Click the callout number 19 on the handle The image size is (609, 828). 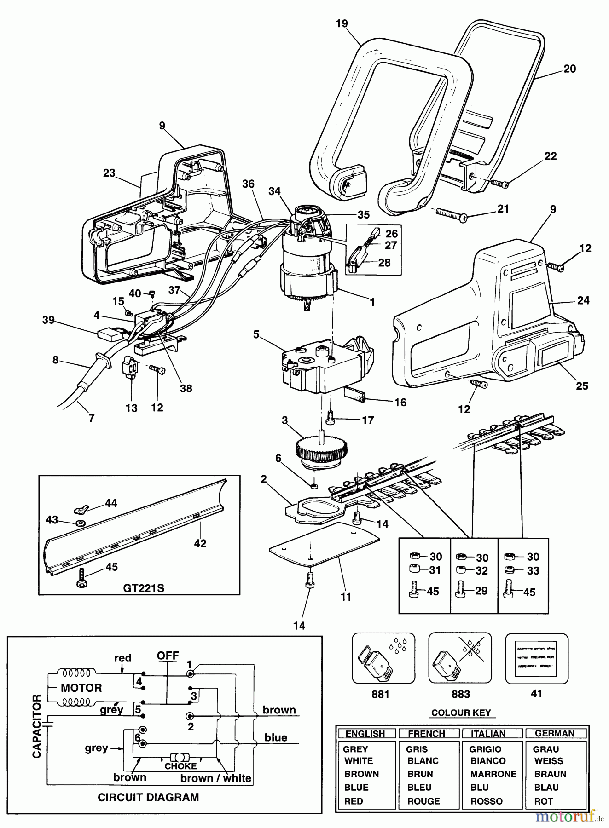(x=342, y=23)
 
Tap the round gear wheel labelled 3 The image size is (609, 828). (x=321, y=449)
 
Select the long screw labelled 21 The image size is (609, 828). (x=450, y=214)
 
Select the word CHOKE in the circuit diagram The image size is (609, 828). (x=180, y=766)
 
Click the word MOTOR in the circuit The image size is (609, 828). (x=81, y=688)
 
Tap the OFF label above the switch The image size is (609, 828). (x=168, y=655)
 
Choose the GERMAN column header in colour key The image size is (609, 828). (x=555, y=733)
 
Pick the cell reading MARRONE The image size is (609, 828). (x=493, y=774)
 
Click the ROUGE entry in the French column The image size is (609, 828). (x=423, y=801)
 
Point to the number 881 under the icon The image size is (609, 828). (x=380, y=694)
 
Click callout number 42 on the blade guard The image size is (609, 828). (x=200, y=543)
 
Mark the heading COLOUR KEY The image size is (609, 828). (x=461, y=713)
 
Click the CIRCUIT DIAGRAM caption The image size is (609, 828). (x=148, y=798)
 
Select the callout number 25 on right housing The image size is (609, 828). (x=582, y=385)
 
